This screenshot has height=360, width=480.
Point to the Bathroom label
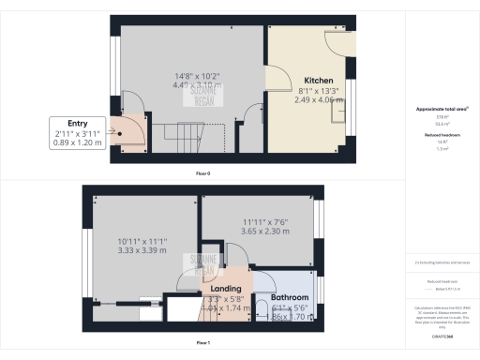click(x=290, y=297)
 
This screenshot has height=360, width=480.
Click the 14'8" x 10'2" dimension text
click(x=177, y=74)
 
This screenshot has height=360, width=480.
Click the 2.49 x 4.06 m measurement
click(x=314, y=99)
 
